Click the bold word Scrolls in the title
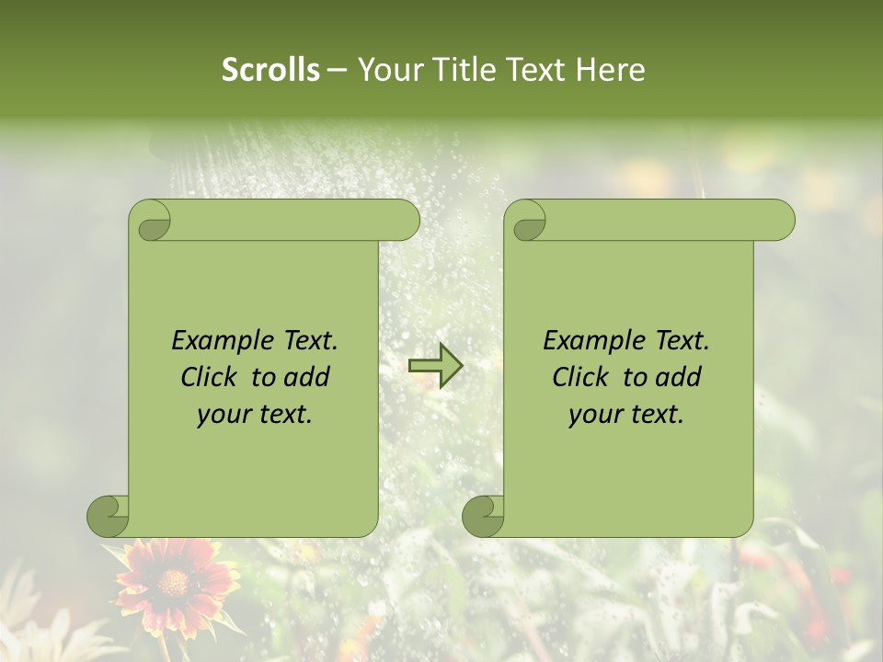[x=271, y=70]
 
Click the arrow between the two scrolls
[x=435, y=366]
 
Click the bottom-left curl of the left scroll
[x=108, y=515]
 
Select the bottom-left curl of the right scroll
[x=483, y=515]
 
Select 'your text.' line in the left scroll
[x=254, y=415]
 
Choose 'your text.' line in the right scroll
[x=625, y=415]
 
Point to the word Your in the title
[x=387, y=70]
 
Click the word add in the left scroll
[x=307, y=377]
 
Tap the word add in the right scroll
[x=679, y=377]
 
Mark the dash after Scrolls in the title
[x=338, y=70]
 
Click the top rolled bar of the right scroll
[x=662, y=220]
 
